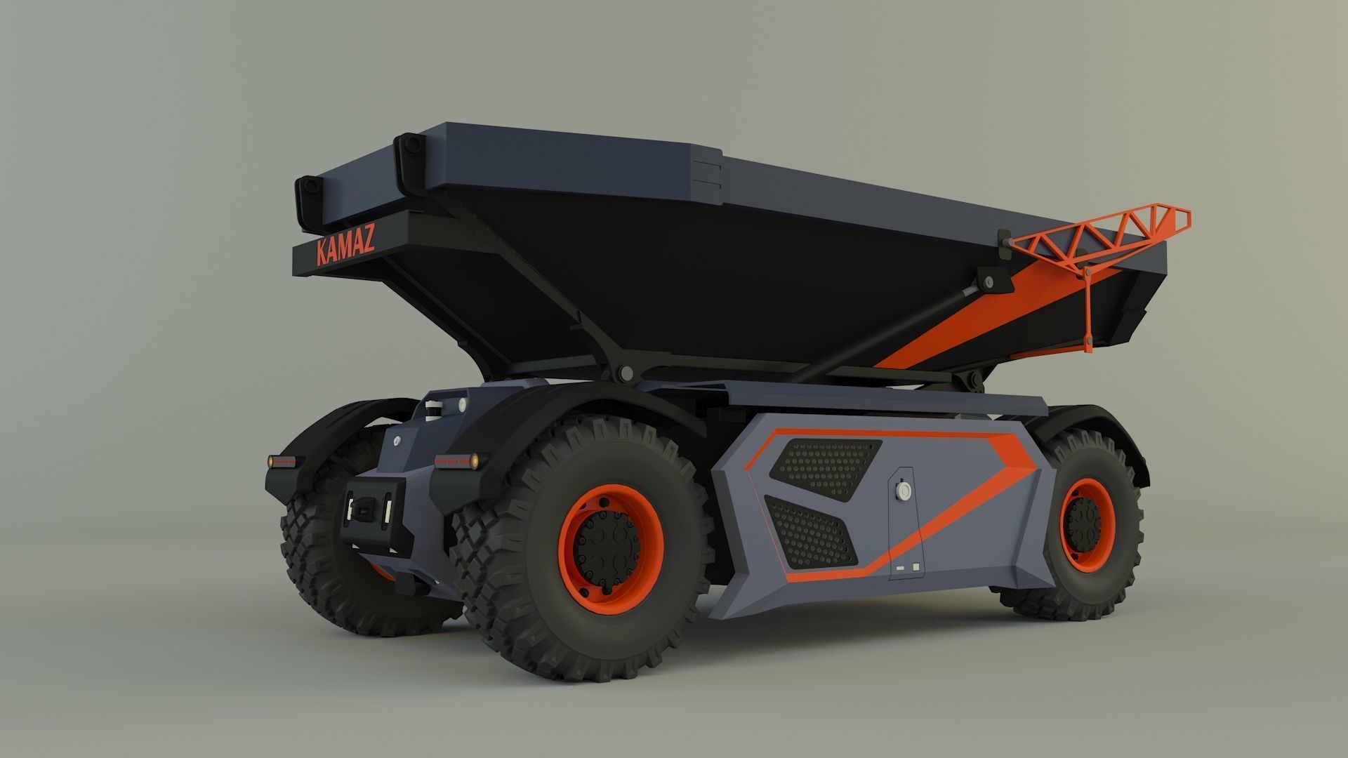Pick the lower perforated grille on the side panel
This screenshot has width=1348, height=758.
point(811,532)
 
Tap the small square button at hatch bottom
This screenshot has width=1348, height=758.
point(915,566)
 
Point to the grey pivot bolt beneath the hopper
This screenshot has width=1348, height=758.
point(626,373)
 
